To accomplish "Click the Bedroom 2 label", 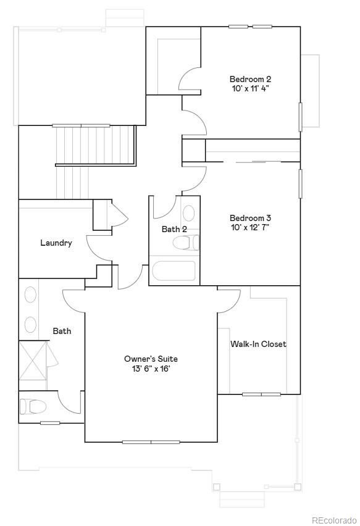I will [x=250, y=79].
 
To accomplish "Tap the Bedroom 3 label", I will [x=250, y=218].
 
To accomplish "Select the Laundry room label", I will [x=56, y=243].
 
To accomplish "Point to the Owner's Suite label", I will [x=151, y=359].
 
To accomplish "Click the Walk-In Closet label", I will [x=258, y=344].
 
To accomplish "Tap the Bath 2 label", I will [x=174, y=229].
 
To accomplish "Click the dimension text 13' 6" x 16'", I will [x=151, y=369].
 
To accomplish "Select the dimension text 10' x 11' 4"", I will [x=250, y=89].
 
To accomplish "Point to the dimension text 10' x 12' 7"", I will [x=250, y=227].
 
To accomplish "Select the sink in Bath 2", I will [x=189, y=214].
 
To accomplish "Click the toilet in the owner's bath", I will [x=34, y=406].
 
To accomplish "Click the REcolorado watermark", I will [x=333, y=520].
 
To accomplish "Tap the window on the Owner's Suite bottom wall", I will [x=151, y=442].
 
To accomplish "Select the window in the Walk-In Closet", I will [x=261, y=394].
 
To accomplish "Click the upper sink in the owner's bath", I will [x=29, y=294].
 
